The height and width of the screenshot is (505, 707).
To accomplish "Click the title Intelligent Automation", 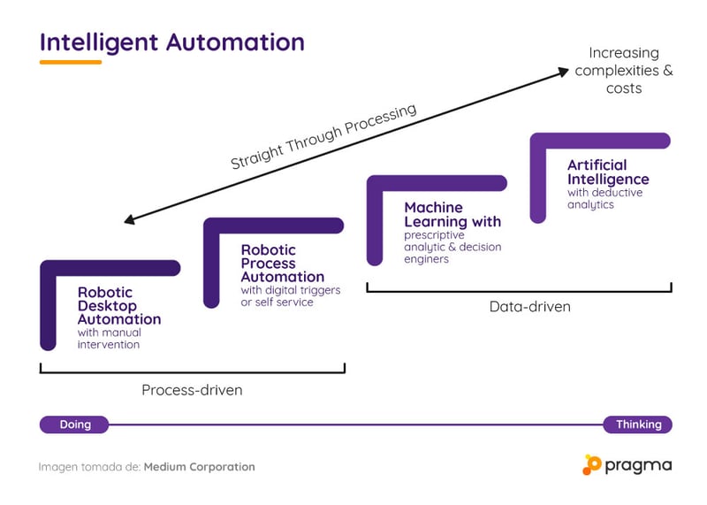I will point(171,42).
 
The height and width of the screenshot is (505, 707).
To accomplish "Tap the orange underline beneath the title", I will point(71,62).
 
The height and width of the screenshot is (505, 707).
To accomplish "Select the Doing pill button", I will point(75,425).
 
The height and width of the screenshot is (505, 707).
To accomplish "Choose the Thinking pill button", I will point(638,425).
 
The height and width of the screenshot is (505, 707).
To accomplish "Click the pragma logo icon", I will point(591,464).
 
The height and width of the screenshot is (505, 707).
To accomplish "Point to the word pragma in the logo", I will point(638,465).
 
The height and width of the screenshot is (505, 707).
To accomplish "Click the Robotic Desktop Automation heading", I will point(119,305).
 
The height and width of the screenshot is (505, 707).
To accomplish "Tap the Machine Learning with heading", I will point(452,214).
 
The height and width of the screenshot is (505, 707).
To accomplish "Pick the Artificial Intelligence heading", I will point(608,172).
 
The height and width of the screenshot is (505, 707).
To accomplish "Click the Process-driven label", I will point(192,390).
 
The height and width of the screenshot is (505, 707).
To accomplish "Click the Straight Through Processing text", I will point(323,137).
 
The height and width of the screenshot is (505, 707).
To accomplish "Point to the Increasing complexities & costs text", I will point(623,71).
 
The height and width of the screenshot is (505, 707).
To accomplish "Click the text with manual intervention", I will point(109,339).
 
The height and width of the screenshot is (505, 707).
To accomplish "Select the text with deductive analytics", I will point(604,198).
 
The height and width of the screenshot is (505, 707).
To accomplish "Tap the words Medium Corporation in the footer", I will point(199,466).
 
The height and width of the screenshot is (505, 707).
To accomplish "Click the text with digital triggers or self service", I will point(291,296).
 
